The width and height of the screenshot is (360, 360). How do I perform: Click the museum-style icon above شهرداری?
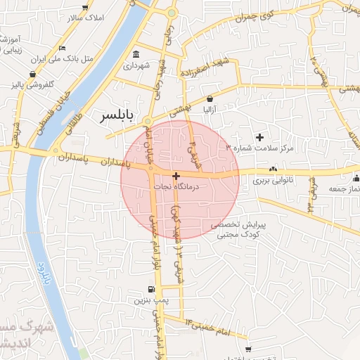(x=136, y=55)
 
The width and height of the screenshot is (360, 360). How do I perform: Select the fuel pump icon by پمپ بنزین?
(x=151, y=289)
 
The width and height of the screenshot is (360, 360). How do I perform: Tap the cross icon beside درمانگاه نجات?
(x=175, y=176)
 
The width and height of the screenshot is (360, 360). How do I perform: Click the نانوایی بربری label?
(x=271, y=181)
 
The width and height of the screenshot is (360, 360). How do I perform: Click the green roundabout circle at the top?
(x=172, y=13)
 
